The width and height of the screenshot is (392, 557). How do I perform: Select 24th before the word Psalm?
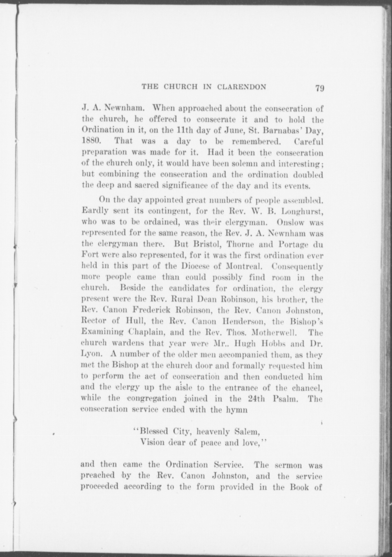coord(257,399)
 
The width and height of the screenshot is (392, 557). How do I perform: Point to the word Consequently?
coord(297,266)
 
